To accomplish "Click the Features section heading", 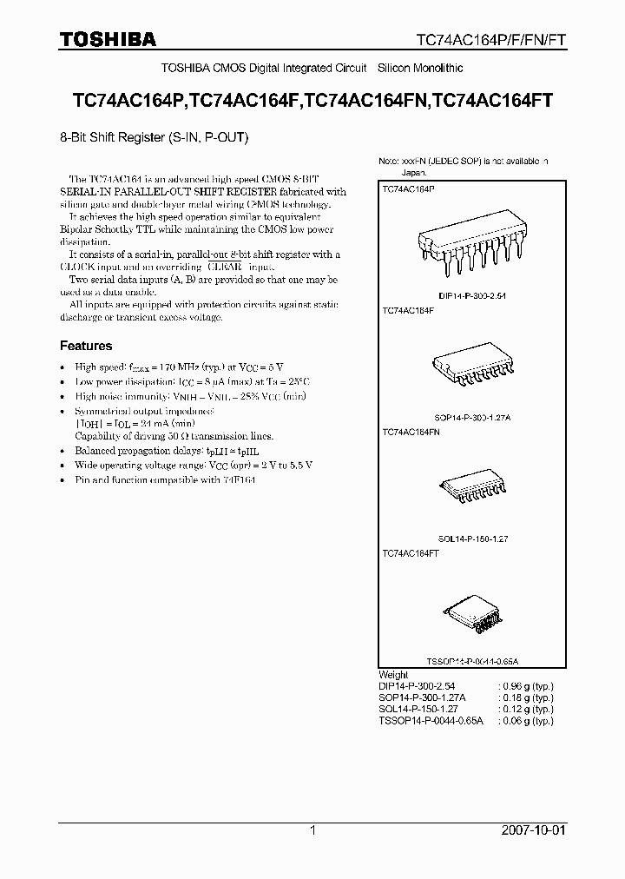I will [x=86, y=346].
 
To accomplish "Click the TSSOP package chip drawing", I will [x=473, y=617].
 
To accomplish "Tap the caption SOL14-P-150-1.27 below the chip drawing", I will [x=473, y=539].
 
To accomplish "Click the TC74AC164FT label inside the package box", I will [x=411, y=553].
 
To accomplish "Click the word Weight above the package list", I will [x=394, y=674].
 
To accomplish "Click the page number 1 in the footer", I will [x=313, y=830].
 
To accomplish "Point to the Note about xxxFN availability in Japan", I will [x=464, y=167].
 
